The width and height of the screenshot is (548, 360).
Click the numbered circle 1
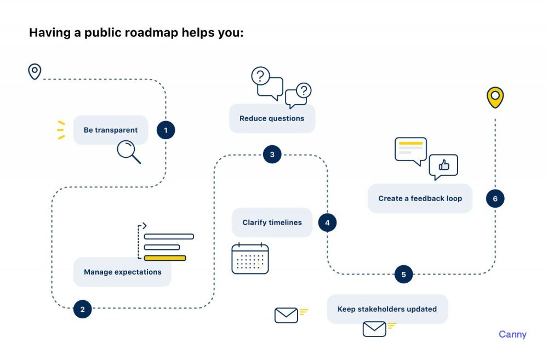click(165, 130)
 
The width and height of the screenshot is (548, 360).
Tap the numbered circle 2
click(82, 309)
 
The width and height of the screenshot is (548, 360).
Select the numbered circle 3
click(272, 155)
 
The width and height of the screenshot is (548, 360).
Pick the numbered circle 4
click(327, 222)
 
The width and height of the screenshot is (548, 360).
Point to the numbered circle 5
click(403, 275)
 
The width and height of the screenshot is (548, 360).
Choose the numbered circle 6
click(495, 198)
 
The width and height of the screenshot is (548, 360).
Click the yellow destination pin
click(495, 97)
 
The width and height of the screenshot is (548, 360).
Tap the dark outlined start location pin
click(35, 71)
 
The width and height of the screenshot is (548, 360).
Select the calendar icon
click(250, 258)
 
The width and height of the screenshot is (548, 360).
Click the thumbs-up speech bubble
click(443, 166)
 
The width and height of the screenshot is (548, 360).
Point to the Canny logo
click(512, 334)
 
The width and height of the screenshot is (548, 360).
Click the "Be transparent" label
click(111, 130)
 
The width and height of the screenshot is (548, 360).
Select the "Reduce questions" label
click(272, 118)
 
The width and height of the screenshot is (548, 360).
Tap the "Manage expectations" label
click(123, 272)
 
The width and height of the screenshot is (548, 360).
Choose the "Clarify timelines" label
click(272, 222)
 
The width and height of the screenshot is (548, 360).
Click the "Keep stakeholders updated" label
click(387, 309)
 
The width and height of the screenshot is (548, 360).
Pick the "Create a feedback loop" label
click(420, 198)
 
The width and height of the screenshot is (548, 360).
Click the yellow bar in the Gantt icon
click(164, 258)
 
